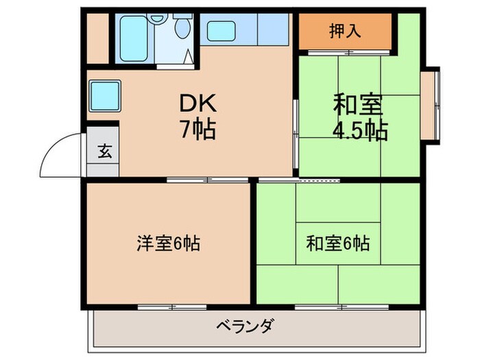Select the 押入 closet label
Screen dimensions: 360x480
[x=346, y=31]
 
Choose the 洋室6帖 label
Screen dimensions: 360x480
[x=167, y=243]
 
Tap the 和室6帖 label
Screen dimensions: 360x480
[x=338, y=243]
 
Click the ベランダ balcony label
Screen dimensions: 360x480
[x=244, y=326]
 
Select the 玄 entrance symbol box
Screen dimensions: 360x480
[x=104, y=152]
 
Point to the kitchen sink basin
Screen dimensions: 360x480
[x=222, y=30]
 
